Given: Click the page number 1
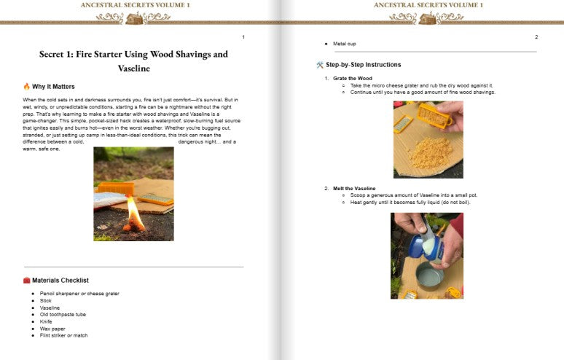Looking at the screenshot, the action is point(243,37).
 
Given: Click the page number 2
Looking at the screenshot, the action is point(536,37).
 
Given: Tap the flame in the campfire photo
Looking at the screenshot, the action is point(136,213).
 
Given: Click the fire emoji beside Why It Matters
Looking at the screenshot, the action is point(27,86).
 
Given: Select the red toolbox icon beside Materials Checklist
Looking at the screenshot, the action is point(27,280).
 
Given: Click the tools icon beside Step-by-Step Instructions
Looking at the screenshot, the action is point(320,65).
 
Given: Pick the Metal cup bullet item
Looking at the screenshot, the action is point(344,44).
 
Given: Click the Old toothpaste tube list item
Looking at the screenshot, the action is point(63,314).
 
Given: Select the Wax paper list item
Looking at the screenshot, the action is point(52,329).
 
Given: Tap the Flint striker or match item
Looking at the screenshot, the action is point(63,335).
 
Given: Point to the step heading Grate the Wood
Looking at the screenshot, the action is point(353,78).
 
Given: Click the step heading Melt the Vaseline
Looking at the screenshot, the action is point(354,188).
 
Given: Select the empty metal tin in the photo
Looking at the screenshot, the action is point(429,276).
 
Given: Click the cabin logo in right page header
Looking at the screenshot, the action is point(428,18).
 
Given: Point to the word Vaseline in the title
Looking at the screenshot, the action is point(134,69).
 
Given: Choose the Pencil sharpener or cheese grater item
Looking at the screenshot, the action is point(79,294).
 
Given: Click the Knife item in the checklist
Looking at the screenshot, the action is point(46,321).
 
